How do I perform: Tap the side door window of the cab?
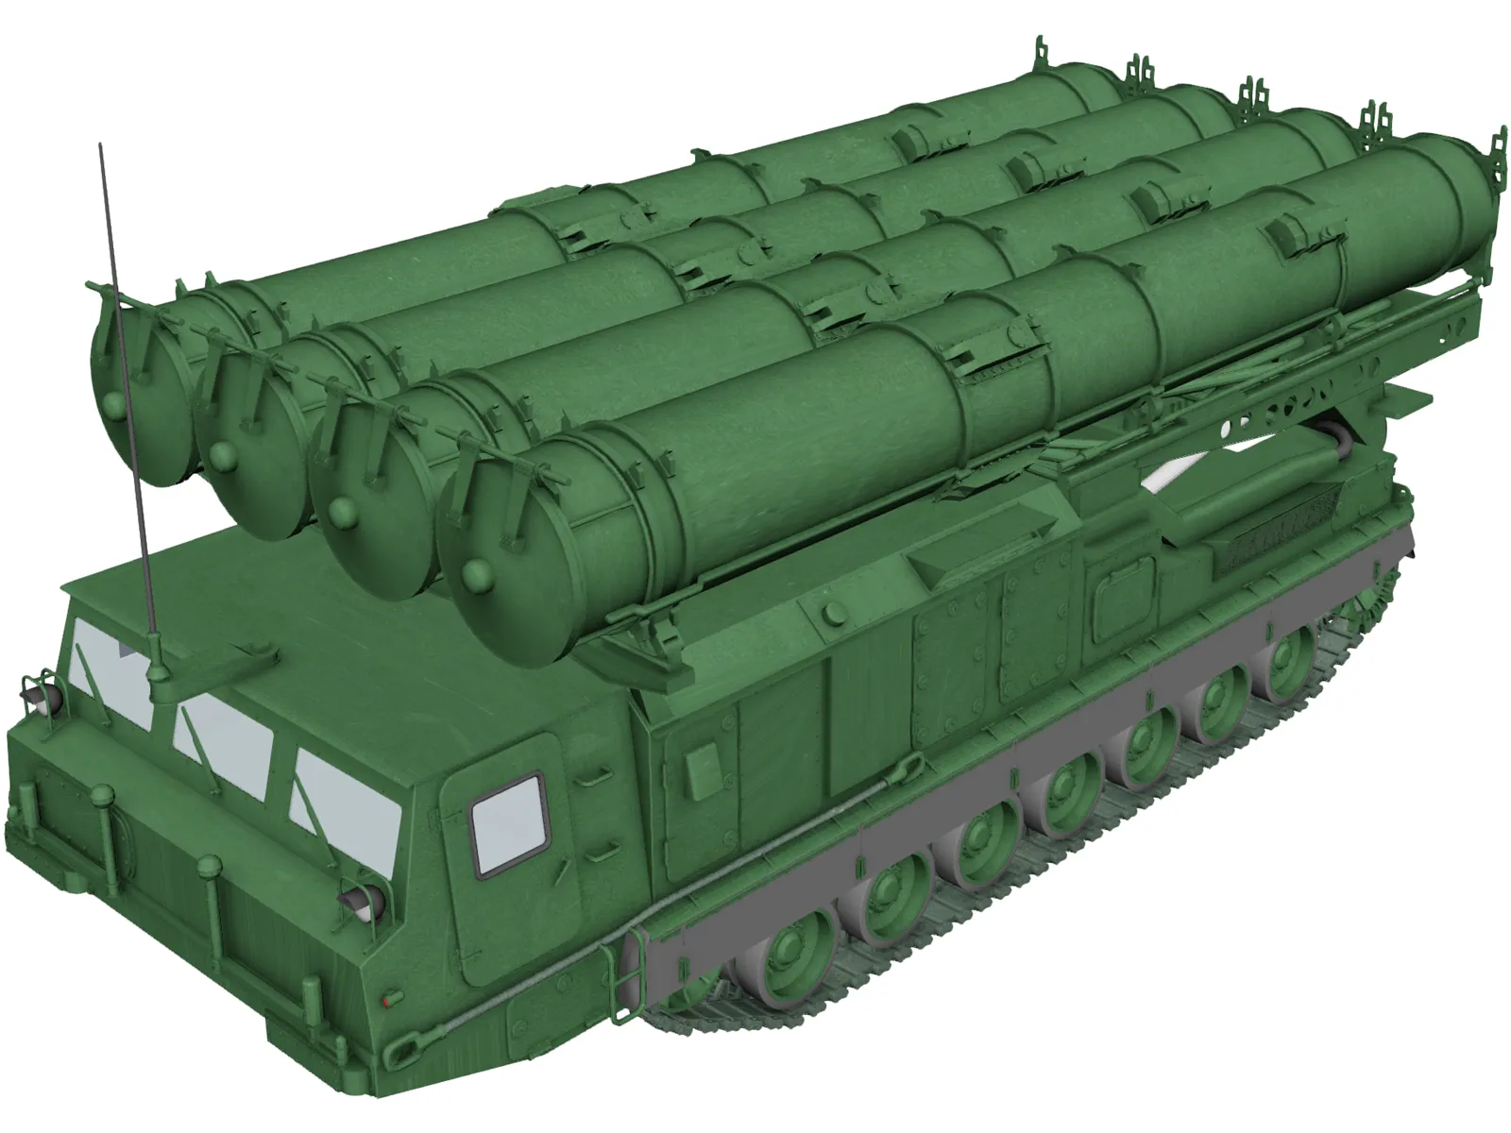click(x=508, y=823)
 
